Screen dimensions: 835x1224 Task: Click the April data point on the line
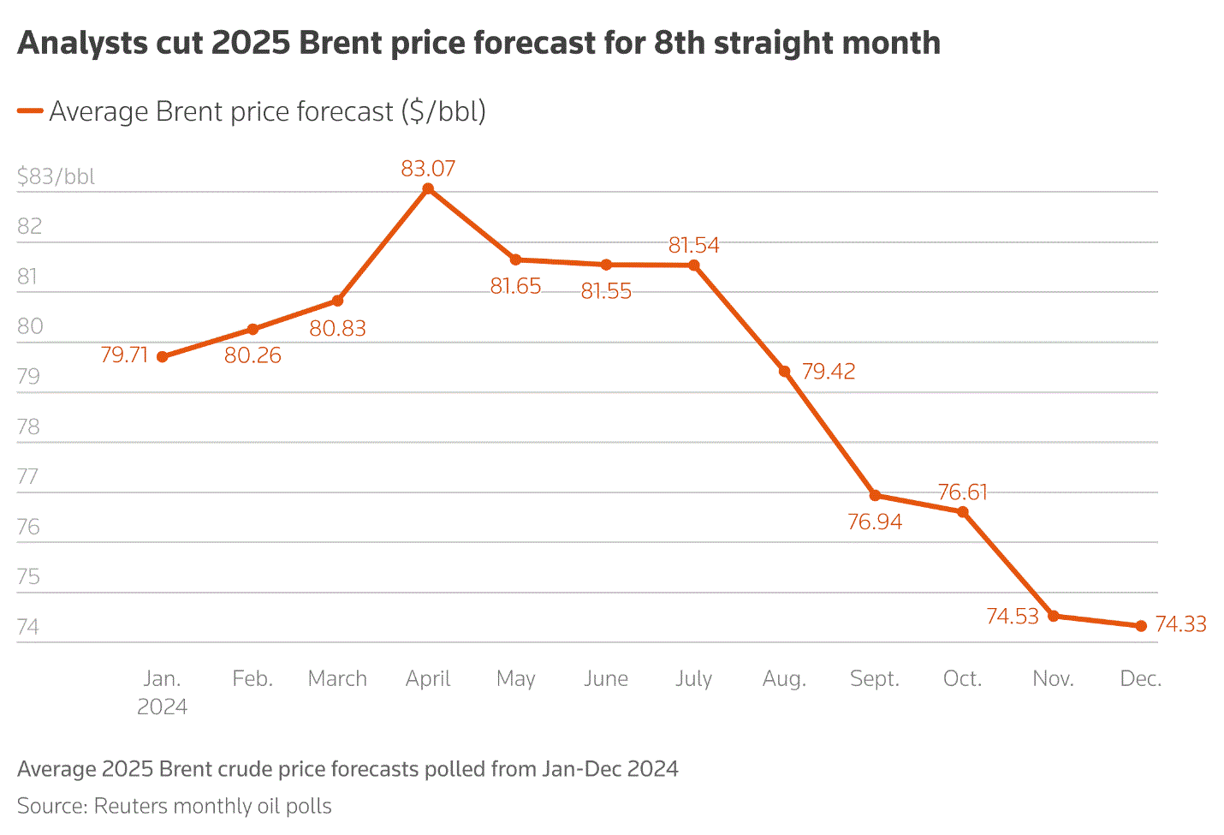428,188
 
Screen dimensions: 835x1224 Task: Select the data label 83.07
428,169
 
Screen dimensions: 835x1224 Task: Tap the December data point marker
1141,626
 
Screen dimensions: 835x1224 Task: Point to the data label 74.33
1180,624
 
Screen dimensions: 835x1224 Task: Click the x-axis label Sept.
874,679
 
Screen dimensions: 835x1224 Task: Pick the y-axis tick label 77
28,476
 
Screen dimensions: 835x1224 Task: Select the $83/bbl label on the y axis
56,176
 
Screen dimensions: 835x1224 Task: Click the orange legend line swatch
30,111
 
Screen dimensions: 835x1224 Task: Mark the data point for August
784,371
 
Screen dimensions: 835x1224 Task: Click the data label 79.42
828,372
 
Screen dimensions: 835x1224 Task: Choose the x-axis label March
337,679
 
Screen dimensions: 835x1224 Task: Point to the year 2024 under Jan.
162,707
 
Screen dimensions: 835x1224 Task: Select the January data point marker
162,356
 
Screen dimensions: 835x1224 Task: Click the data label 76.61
962,492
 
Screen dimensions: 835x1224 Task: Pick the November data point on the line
1053,616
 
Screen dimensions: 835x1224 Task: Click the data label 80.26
253,355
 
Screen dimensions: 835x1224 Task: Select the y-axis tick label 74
28,627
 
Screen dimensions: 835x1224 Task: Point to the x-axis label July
693,679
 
